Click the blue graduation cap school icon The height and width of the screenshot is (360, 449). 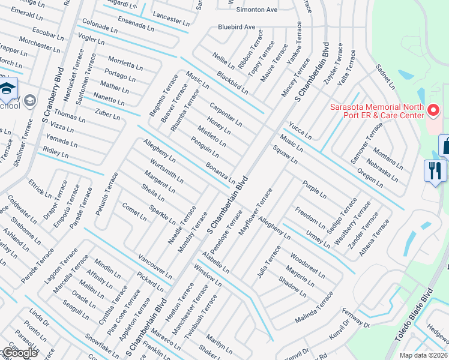coord(7,88)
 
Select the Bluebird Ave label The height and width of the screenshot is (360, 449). coord(237,27)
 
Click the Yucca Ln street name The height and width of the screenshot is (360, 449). coord(300,130)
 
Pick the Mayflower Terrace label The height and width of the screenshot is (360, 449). coord(256,212)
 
